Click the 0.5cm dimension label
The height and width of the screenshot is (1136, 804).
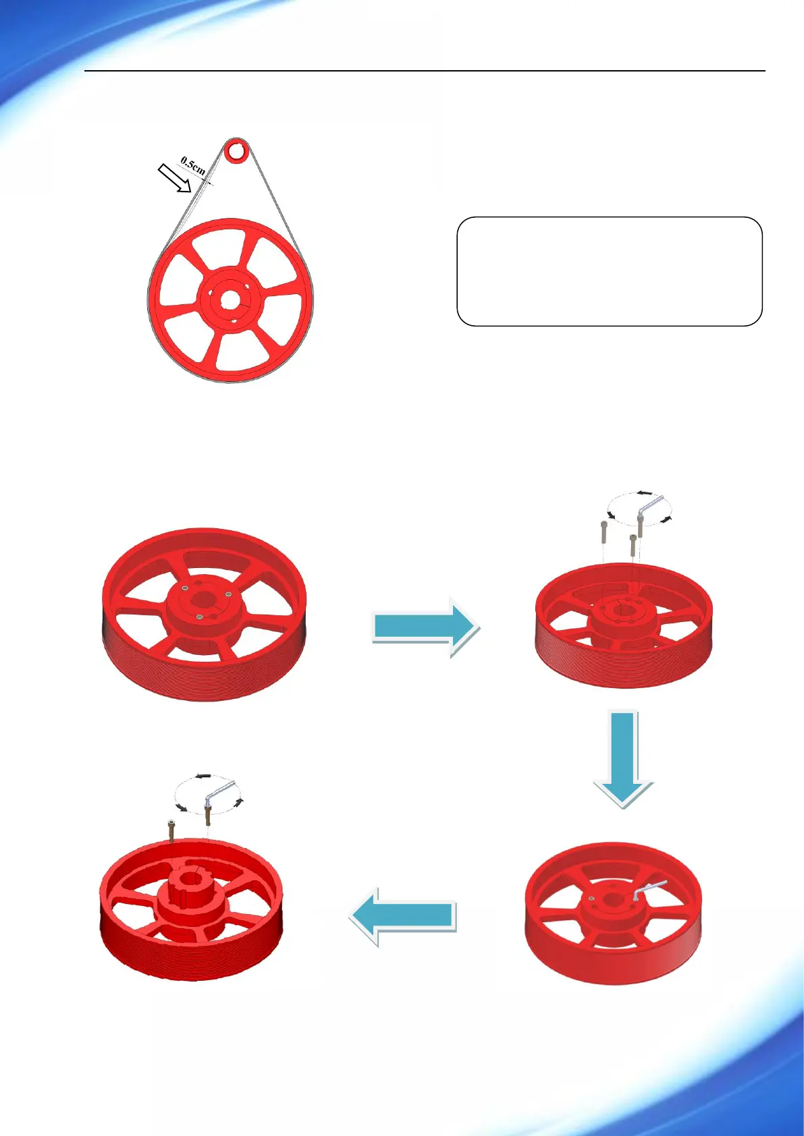193,166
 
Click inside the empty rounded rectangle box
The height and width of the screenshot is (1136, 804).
609,271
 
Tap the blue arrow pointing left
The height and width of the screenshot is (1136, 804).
404,915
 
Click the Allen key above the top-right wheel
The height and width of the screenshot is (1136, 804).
651,508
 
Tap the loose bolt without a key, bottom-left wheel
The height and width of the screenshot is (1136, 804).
171,829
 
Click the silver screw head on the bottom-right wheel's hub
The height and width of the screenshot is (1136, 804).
592,899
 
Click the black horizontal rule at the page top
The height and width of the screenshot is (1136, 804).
425,71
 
